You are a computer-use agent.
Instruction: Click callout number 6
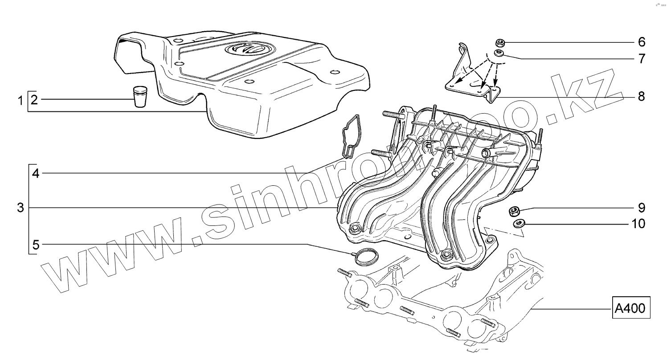(x=641, y=42)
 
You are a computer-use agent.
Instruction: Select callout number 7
(x=641, y=58)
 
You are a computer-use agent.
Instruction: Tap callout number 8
(x=641, y=96)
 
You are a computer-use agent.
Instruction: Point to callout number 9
(x=641, y=208)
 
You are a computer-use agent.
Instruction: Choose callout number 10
(x=638, y=223)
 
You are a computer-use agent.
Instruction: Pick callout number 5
(x=36, y=245)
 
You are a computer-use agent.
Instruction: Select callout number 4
(x=36, y=173)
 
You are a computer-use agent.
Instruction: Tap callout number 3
(x=20, y=208)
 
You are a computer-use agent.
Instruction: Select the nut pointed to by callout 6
(x=500, y=43)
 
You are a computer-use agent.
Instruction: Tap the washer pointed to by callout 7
(x=500, y=54)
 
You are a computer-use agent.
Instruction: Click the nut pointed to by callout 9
(x=514, y=211)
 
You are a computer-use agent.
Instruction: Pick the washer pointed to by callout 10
(x=518, y=223)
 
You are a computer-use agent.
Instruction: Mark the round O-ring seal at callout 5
(x=364, y=257)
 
